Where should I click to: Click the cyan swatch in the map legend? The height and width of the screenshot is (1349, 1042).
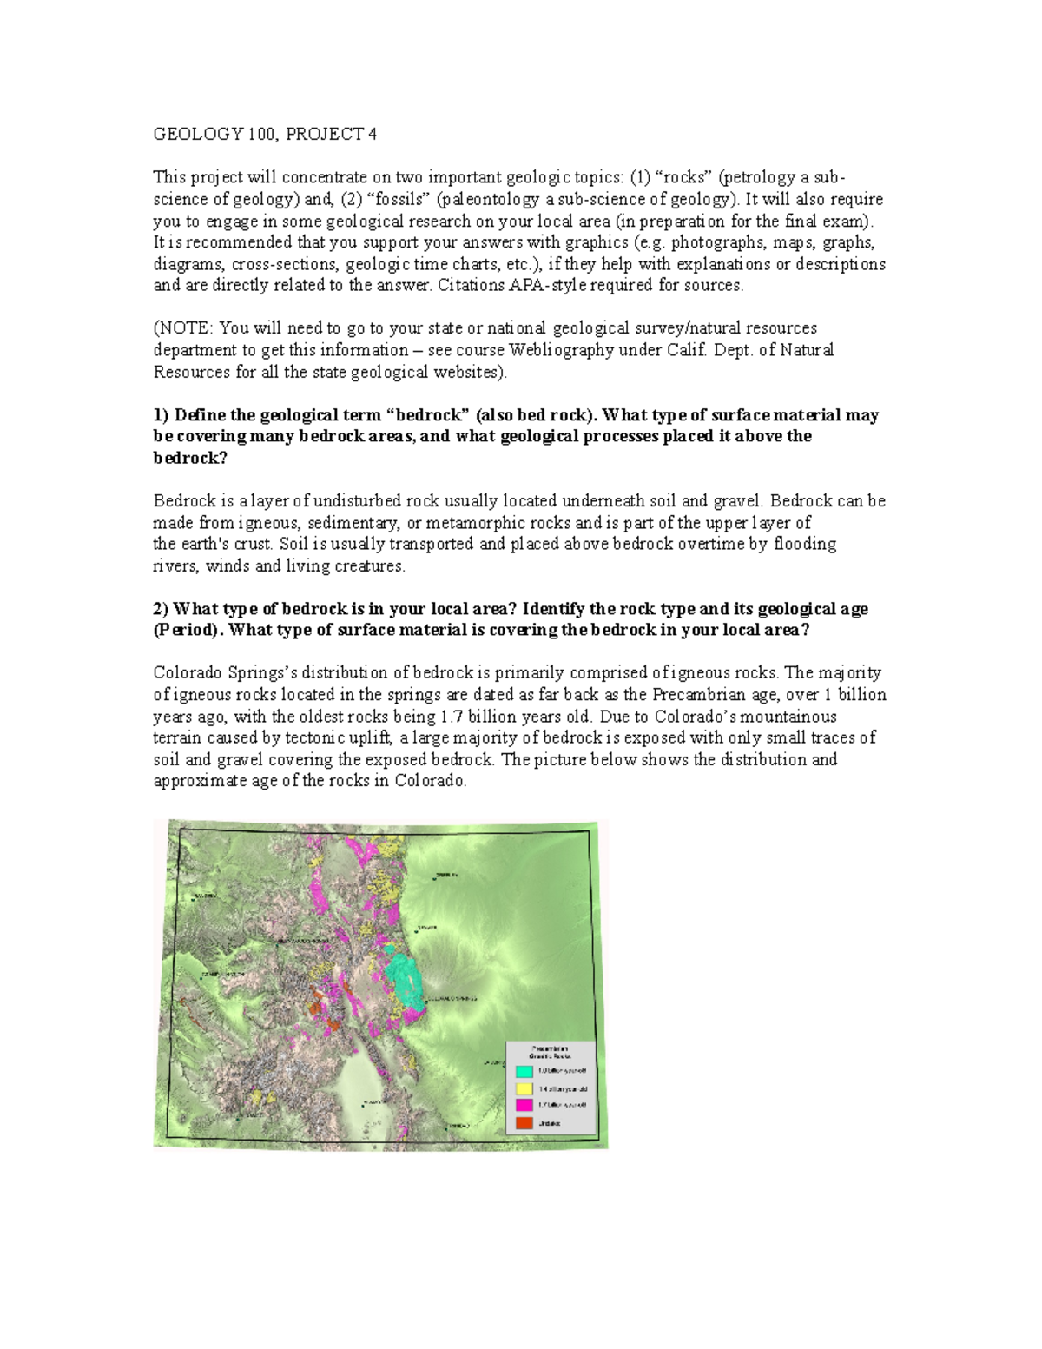[524, 1071]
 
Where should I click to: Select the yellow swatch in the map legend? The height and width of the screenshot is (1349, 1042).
[524, 1088]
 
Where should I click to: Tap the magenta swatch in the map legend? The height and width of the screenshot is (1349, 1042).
[524, 1105]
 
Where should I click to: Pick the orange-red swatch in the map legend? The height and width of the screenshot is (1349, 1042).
[524, 1122]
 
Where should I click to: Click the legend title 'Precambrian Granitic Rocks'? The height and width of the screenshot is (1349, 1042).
[550, 1052]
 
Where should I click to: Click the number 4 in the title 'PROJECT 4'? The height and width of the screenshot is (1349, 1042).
[373, 134]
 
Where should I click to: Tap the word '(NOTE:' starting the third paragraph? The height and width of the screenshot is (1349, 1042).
[182, 328]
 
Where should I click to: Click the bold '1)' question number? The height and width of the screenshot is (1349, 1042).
[161, 415]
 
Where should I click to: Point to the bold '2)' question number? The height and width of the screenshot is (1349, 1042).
[161, 609]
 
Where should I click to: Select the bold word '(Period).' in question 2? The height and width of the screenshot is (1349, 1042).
[188, 630]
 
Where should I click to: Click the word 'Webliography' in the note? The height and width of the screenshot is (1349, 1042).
[577, 350]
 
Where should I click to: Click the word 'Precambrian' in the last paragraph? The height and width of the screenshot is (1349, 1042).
[695, 695]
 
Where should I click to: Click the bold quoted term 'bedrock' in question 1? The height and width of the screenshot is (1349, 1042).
[431, 415]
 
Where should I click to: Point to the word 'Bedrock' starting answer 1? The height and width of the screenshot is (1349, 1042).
[183, 501]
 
